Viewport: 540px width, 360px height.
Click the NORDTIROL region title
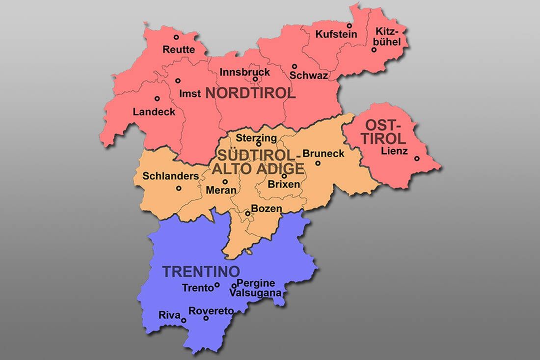pos(250,93)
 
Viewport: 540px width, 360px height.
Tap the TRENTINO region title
pos(201,271)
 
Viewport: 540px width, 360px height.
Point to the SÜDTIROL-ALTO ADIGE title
pos(258,162)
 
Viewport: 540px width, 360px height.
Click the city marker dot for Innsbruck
pos(255,79)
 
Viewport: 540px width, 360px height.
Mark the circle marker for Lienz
pos(417,159)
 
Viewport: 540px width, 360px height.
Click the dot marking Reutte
pos(176,37)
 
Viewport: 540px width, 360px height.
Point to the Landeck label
pos(154,112)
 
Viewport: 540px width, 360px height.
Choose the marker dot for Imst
pos(178,81)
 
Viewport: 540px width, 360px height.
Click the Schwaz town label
pos(309,76)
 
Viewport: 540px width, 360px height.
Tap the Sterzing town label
pos(256,138)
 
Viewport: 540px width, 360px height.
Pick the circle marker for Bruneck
pos(318,163)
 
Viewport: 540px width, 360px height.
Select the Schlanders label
pos(170,176)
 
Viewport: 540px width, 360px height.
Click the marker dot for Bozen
pos(247,214)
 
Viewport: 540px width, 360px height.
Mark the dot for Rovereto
pos(206,318)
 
